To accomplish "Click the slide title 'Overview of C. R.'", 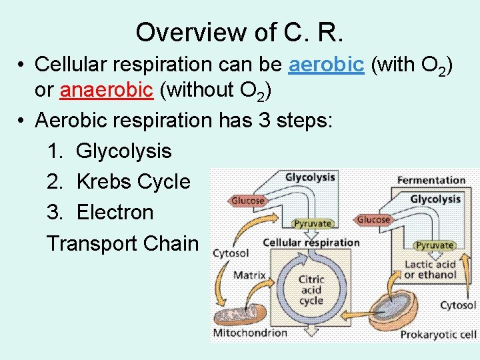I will click(240, 31).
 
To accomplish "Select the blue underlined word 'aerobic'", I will click(326, 64).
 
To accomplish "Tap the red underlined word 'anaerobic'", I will click(107, 89).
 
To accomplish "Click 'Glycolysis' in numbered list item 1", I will click(124, 151).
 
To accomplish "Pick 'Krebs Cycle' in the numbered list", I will click(133, 181).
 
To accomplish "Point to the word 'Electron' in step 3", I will click(115, 213).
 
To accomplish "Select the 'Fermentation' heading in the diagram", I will click(431, 180).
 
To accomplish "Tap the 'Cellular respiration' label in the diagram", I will click(311, 243).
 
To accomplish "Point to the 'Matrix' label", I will click(249, 275).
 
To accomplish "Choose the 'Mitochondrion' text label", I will click(250, 332).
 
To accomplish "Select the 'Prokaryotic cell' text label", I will click(438, 334).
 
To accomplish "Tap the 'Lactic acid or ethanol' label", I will click(430, 269).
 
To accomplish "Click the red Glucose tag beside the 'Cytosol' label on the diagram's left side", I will click(248, 201).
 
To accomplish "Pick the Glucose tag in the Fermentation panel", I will click(373, 219).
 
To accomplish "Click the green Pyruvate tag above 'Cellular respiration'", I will click(313, 224).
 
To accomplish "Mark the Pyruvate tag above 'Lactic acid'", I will click(434, 245).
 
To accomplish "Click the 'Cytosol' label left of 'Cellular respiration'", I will click(231, 253).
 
